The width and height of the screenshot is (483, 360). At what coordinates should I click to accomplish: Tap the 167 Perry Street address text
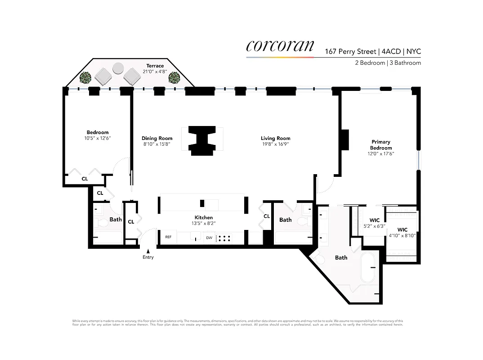coord(350,51)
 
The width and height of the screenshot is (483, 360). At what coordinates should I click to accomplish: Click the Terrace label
coord(155,66)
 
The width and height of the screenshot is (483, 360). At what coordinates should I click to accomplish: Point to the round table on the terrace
coord(118,68)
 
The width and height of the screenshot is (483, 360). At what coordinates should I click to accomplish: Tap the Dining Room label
coord(157,139)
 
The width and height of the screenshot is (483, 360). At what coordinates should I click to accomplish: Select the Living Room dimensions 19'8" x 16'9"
coord(275,144)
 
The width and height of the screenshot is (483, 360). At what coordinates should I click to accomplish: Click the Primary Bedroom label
coord(380,145)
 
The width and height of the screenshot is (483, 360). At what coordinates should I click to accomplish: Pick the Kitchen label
coord(203,217)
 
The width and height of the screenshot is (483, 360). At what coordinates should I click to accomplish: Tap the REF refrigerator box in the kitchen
coord(168,237)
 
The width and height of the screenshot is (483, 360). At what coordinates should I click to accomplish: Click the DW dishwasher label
coord(209,238)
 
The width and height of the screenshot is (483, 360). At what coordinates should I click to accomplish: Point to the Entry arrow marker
coord(148,250)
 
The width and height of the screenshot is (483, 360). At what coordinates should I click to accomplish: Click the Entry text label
coord(148,257)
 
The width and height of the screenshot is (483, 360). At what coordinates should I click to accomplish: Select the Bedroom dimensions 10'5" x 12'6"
coord(97,138)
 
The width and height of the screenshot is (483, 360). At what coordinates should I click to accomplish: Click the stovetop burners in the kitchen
coord(224,238)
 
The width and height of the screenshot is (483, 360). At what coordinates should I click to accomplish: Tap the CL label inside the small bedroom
coord(85,179)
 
